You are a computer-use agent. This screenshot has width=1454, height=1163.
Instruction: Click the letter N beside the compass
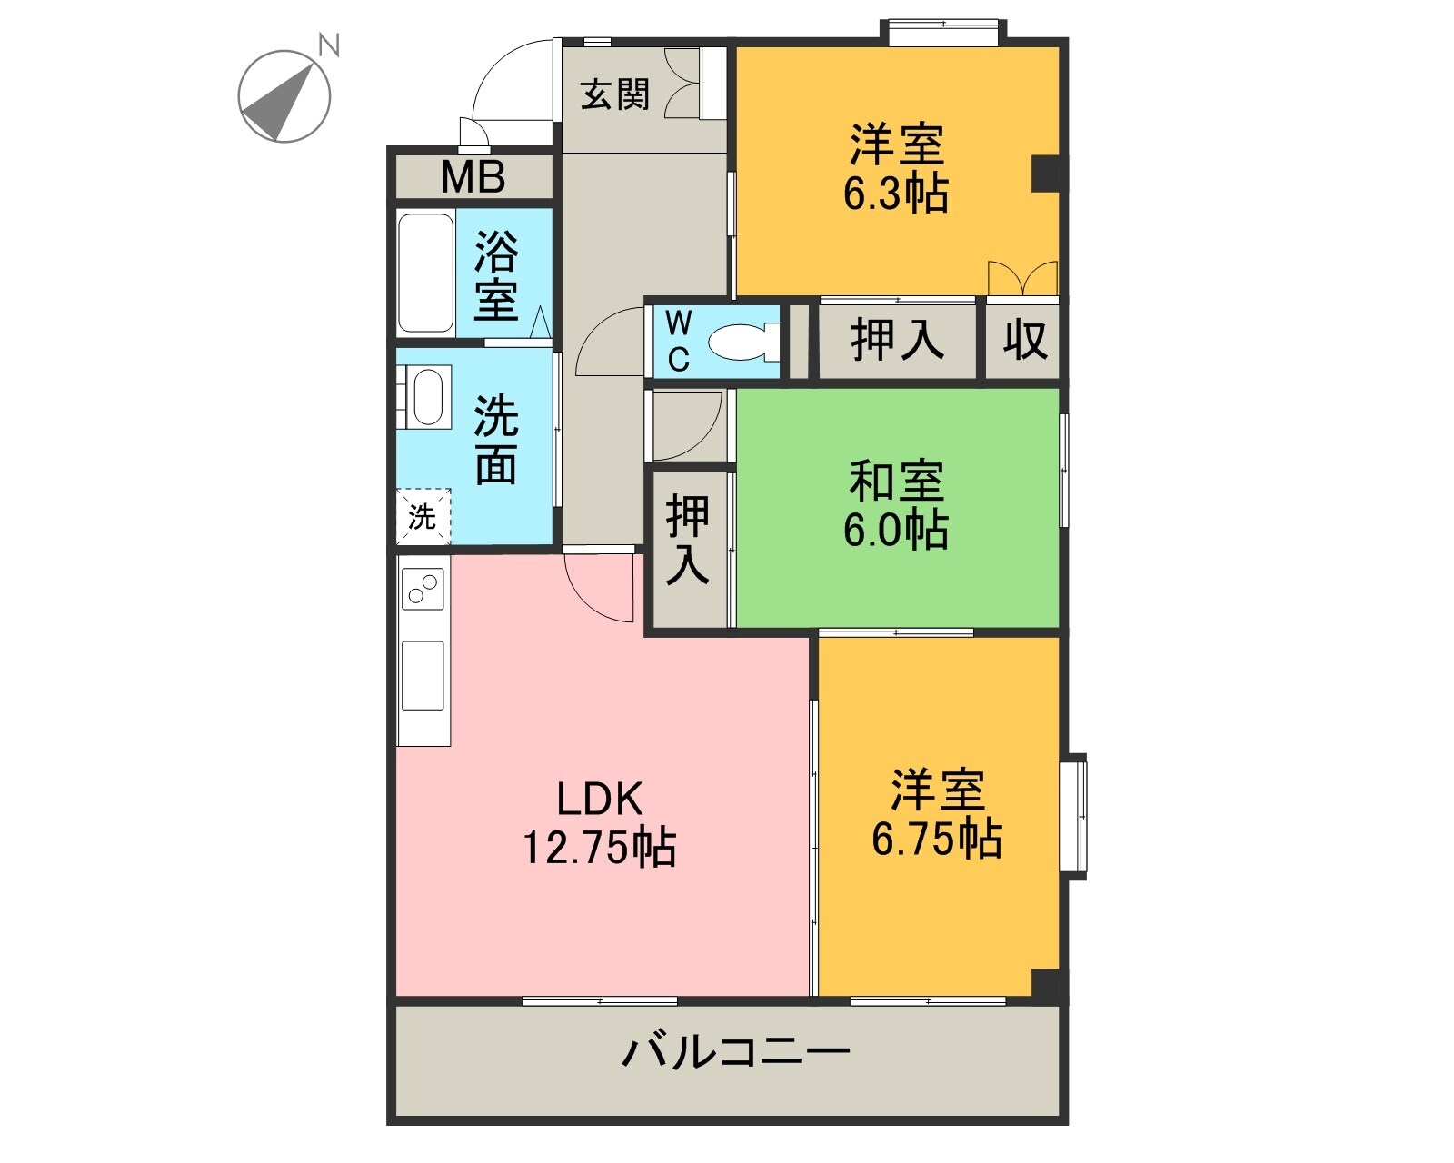tap(329, 45)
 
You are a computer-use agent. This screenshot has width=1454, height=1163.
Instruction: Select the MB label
tap(473, 177)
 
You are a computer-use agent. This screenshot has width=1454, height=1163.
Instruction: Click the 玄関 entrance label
tap(615, 94)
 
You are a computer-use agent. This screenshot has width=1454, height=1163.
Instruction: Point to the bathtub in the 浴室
tap(426, 273)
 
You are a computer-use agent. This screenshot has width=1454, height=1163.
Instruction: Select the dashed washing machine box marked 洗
tap(423, 517)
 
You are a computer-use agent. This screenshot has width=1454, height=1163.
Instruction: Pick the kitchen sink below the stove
tap(423, 674)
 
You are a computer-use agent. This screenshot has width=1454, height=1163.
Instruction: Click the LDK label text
tap(600, 799)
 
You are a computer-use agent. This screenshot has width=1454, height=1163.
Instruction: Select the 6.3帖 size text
tap(896, 194)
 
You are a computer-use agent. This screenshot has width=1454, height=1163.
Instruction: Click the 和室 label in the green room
tap(896, 482)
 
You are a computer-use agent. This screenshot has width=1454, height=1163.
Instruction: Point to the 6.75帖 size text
tap(937, 839)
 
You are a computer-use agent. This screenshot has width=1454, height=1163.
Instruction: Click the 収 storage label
tap(1025, 340)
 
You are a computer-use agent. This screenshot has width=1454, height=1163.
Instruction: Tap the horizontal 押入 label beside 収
tap(897, 340)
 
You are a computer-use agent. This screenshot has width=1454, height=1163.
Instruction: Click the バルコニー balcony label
tap(735, 1051)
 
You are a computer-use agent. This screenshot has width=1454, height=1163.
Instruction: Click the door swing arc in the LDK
tap(600, 591)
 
